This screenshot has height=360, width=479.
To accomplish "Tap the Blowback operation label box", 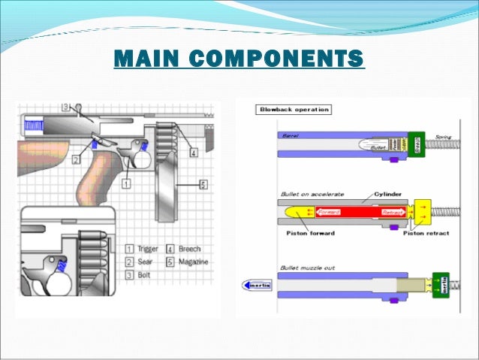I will (x=294, y=110).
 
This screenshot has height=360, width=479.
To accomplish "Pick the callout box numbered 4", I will (x=193, y=153).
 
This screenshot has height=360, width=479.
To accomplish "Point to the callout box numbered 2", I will (x=77, y=159).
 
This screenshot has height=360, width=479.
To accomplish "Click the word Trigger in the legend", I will (x=149, y=248).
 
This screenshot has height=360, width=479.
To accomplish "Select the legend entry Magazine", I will (x=194, y=262).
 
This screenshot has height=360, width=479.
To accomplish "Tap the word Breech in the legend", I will (x=190, y=248).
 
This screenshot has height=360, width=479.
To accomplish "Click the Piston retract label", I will (x=426, y=233).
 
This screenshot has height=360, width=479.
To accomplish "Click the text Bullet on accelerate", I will (x=312, y=194).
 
